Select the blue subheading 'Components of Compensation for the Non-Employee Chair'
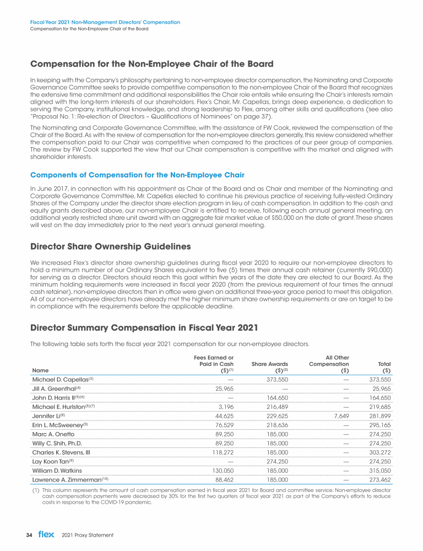[x=138, y=175]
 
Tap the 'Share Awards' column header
[x=269, y=364]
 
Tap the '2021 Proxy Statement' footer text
[x=88, y=535]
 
